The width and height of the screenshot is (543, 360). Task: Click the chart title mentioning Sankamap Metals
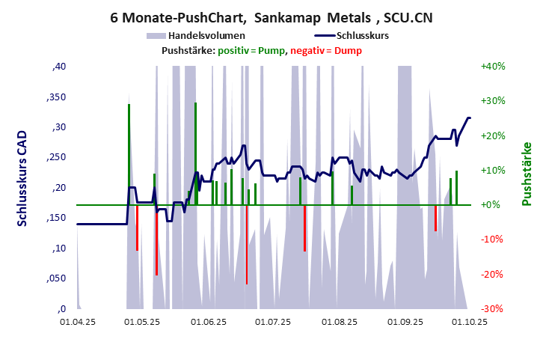271,16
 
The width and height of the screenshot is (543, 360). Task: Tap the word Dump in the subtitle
349,50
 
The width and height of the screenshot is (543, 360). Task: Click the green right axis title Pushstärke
527,174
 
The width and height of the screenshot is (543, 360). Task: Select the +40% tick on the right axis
494,66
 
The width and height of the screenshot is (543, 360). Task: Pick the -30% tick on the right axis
494,308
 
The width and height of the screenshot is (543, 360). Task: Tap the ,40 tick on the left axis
59,67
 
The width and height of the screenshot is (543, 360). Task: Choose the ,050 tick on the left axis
56,278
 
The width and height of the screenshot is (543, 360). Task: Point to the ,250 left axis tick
56,157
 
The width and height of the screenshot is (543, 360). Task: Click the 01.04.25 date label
78,323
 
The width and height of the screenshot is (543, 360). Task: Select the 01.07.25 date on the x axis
273,323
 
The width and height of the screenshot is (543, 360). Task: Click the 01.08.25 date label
340,323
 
